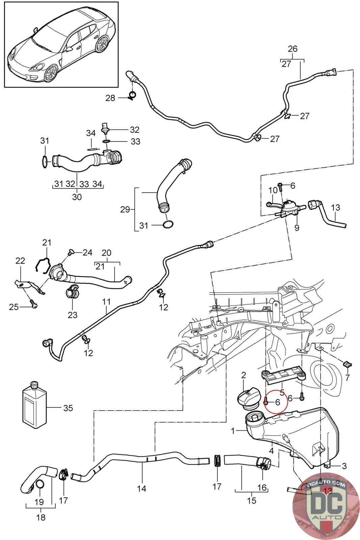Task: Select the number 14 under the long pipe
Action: click(x=142, y=488)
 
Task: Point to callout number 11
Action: click(x=106, y=301)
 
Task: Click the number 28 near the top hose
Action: click(x=110, y=98)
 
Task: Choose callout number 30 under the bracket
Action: click(x=77, y=197)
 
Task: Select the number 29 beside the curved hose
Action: click(x=125, y=210)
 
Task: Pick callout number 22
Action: click(x=20, y=261)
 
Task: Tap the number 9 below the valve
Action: click(x=297, y=228)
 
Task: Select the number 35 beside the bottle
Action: click(x=68, y=408)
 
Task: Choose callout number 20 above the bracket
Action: click(x=106, y=253)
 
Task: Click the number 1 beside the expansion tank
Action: click(x=232, y=431)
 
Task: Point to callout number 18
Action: click(x=40, y=517)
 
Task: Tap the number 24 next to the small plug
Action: click(x=87, y=252)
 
